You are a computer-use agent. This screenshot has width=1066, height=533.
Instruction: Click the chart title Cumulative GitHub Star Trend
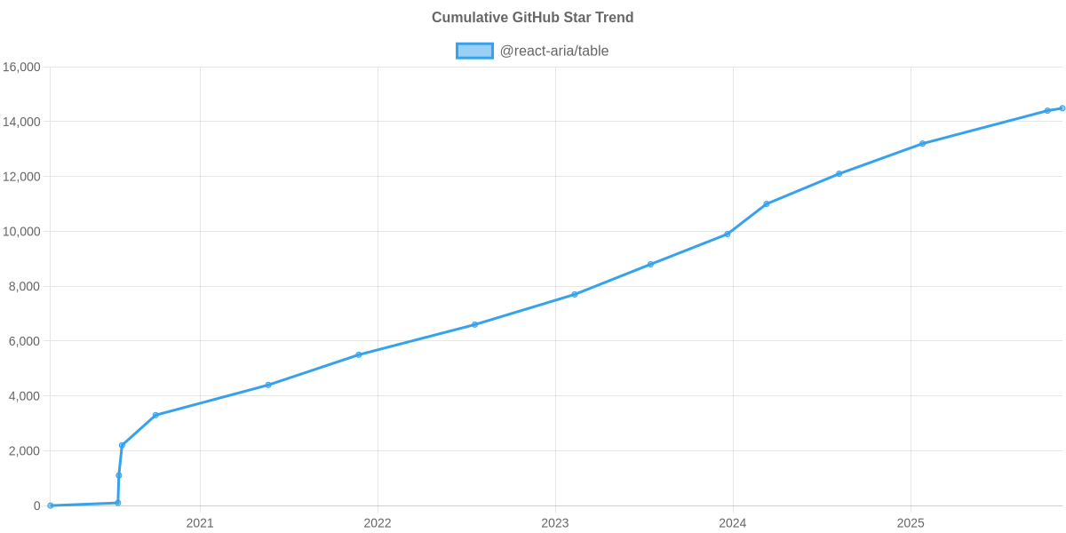[532, 18]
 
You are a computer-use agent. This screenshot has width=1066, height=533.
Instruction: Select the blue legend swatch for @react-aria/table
[474, 51]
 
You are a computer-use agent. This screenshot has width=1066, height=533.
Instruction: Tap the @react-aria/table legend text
[553, 51]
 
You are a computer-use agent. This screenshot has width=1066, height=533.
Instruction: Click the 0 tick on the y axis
[37, 505]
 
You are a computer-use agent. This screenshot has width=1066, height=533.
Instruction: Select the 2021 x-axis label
[200, 523]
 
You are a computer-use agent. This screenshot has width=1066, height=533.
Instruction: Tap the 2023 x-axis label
[555, 523]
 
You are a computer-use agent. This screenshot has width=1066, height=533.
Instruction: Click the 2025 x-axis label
[911, 523]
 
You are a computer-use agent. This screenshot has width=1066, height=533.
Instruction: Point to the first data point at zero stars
[51, 505]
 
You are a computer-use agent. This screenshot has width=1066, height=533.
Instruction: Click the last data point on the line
[1062, 108]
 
